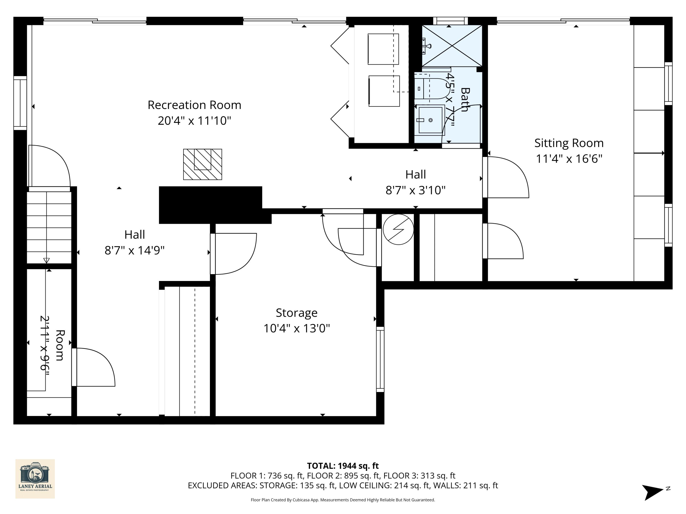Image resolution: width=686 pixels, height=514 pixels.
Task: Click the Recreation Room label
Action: pos(194,105)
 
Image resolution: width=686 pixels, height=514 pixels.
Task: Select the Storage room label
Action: pos(297,313)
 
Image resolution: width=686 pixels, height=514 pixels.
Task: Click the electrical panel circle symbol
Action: pos(398,229)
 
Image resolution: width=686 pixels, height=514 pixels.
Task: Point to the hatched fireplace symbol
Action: pos(203,164)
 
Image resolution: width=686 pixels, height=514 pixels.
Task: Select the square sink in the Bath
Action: pos(430,120)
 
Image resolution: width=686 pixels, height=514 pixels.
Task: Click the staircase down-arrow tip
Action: pos(46,261)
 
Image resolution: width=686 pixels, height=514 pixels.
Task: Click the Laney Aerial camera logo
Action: pos(35,478)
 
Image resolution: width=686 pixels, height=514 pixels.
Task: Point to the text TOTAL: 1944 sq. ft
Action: pos(343,466)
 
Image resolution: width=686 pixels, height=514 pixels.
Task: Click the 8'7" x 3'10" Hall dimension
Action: pos(415,190)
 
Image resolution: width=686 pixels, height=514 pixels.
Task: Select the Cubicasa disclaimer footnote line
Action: pos(343,500)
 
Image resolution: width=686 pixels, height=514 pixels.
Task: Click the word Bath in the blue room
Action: pos(465,100)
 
